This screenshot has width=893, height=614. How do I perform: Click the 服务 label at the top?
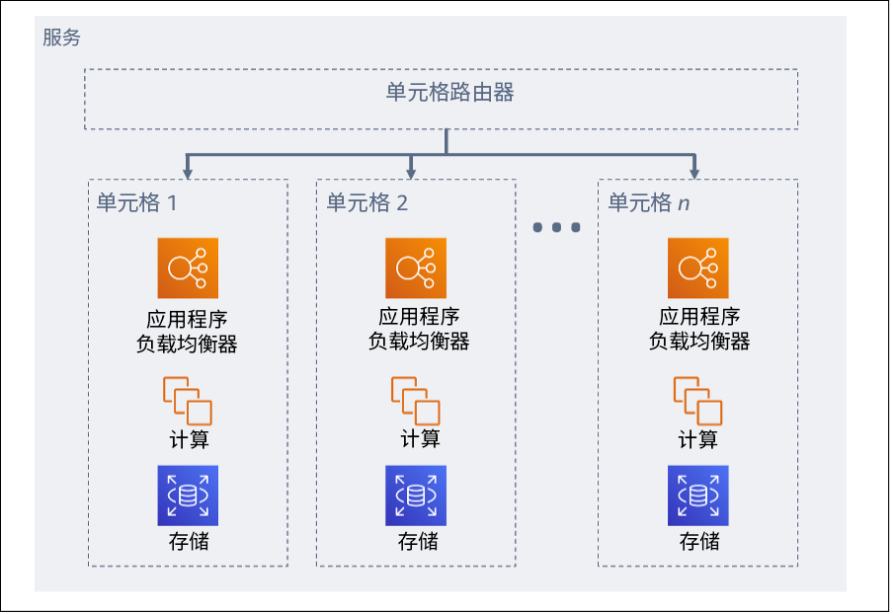click(61, 39)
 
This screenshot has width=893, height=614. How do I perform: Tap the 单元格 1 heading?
click(136, 203)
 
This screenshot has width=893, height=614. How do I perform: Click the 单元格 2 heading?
click(366, 203)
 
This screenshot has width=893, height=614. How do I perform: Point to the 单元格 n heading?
click(648, 203)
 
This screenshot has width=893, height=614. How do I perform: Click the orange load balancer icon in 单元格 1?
click(188, 268)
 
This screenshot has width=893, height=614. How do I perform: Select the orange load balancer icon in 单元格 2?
click(416, 268)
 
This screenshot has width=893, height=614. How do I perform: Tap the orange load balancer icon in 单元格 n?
click(697, 268)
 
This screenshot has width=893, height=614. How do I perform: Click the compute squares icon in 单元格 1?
click(188, 401)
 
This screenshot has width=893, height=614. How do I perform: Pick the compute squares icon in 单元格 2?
click(416, 401)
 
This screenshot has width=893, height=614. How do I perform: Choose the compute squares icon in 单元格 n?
click(697, 401)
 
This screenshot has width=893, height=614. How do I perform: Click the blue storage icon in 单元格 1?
click(188, 496)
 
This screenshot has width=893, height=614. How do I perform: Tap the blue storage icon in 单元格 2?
click(416, 496)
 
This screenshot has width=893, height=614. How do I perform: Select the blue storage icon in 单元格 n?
click(697, 496)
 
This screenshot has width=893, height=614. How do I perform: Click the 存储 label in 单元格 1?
click(188, 541)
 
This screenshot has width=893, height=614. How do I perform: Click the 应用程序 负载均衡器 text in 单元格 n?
click(699, 329)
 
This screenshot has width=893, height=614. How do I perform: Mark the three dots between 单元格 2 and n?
click(556, 228)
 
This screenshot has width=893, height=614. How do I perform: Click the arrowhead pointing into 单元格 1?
click(188, 173)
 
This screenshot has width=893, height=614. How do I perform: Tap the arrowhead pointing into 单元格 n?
click(694, 173)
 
